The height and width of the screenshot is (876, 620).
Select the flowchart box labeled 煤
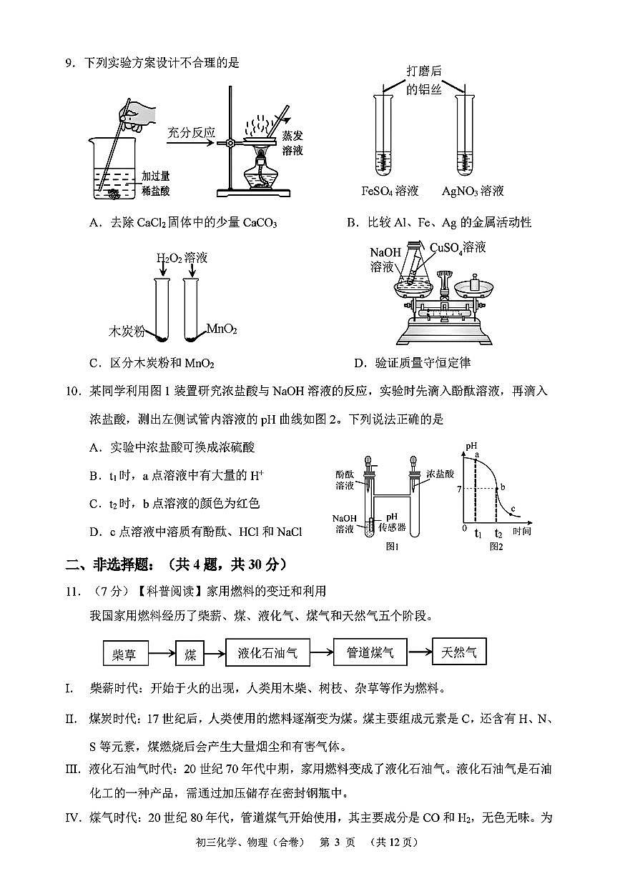click(190, 653)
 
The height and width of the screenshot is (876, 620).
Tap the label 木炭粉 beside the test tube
click(126, 332)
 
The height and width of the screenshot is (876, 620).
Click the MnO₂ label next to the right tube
click(221, 329)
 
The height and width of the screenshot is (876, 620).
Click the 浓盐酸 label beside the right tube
click(441, 474)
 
